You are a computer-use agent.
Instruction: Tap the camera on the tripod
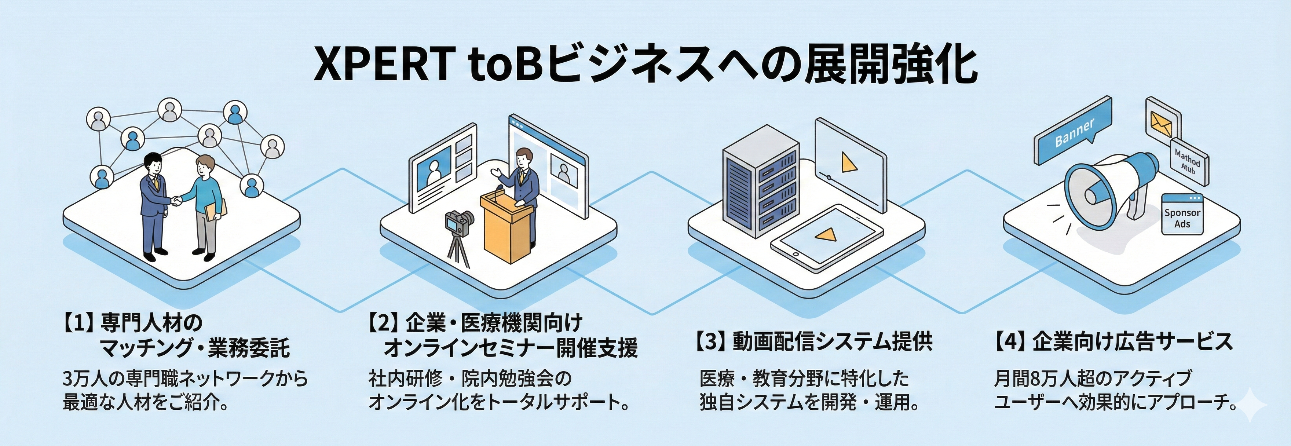pos(458,223)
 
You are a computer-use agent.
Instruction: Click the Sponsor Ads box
pos(1182,216)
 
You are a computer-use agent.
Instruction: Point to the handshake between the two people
pos(175,201)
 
